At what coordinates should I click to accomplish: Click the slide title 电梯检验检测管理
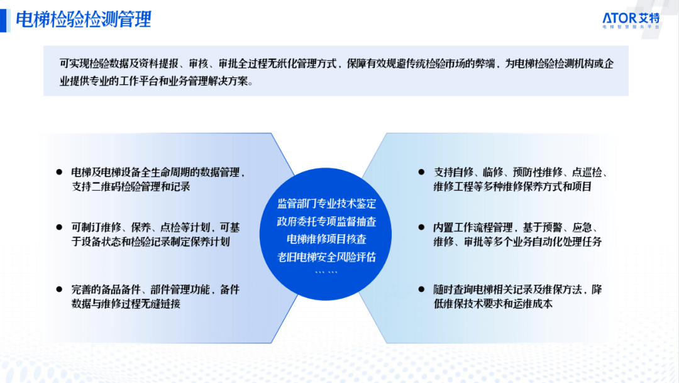(x=84, y=20)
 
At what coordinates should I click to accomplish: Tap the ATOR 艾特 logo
(x=631, y=20)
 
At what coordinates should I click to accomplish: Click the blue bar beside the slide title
(x=4, y=20)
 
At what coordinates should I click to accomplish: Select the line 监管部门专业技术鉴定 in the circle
(x=326, y=204)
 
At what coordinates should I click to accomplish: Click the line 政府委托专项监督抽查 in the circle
(x=326, y=221)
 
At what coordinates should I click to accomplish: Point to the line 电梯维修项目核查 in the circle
(x=326, y=239)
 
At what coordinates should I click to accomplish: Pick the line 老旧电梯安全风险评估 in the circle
(x=326, y=257)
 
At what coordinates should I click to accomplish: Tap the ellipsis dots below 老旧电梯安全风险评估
(x=326, y=272)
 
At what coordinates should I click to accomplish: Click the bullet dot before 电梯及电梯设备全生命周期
(x=59, y=172)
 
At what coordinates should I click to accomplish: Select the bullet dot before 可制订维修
(x=59, y=227)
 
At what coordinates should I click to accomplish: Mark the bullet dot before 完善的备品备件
(x=59, y=289)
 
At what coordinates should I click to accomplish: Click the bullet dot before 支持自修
(x=421, y=172)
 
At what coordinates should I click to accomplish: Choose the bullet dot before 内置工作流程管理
(x=421, y=227)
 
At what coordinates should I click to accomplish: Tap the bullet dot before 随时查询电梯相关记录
(x=421, y=289)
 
